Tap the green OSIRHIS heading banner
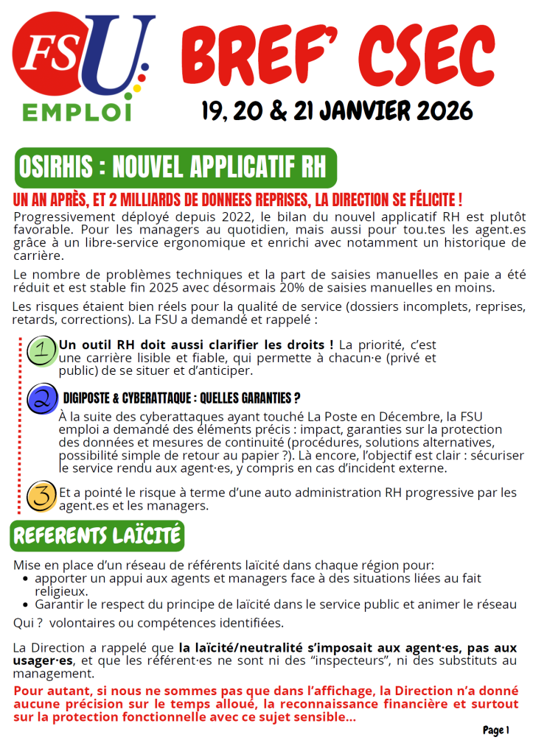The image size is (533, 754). coord(175,167)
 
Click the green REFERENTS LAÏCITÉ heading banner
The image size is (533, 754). coord(97,536)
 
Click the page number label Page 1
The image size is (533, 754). coord(496,730)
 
